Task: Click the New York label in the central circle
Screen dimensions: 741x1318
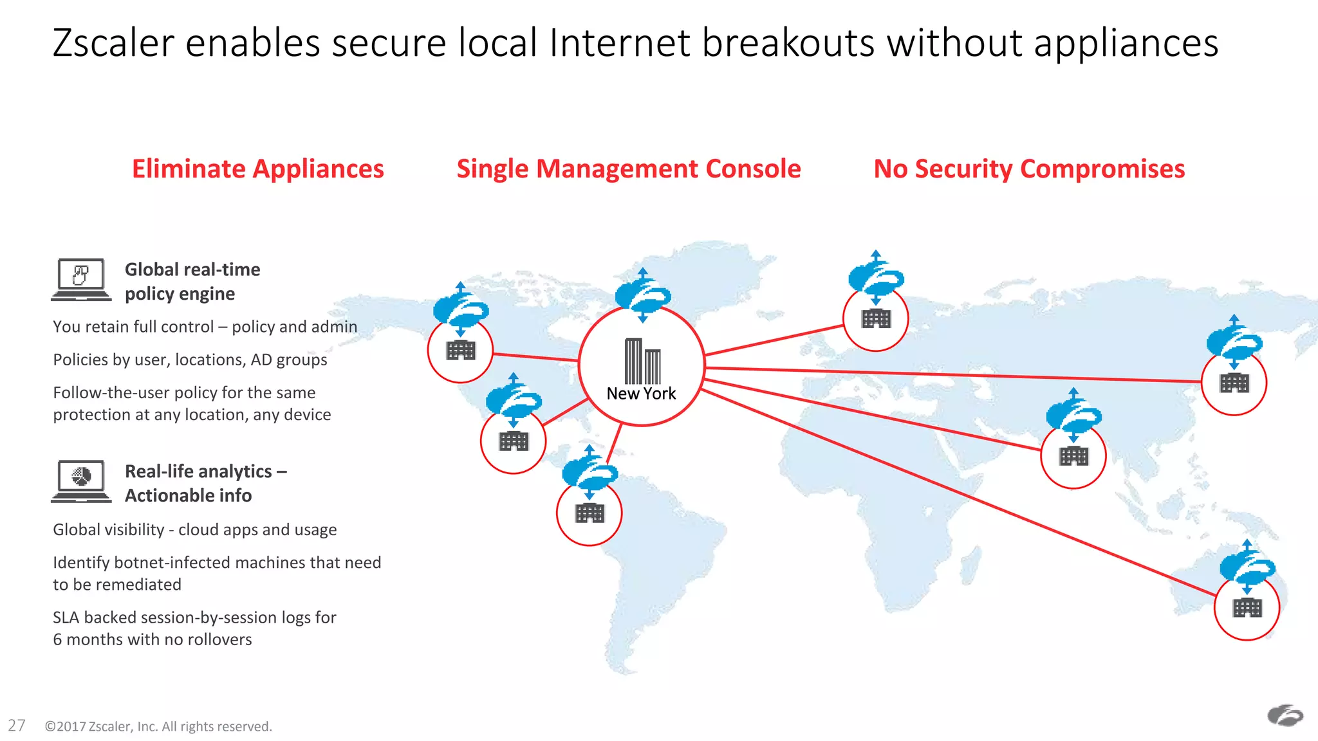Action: coord(641,394)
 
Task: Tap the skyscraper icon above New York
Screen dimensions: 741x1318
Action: coord(642,361)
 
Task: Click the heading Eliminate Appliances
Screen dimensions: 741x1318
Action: coord(257,169)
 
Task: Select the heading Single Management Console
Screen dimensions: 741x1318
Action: coord(628,169)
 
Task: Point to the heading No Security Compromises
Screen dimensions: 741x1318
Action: coord(1028,169)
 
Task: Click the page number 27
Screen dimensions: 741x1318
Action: coord(17,726)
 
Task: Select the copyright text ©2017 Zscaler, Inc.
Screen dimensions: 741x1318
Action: coord(158,726)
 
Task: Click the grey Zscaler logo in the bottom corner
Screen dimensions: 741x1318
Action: coord(1285,715)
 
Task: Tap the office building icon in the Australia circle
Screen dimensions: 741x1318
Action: coord(1247,608)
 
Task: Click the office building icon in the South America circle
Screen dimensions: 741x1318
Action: coord(589,513)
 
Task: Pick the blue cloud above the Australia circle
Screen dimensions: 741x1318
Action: coord(1247,566)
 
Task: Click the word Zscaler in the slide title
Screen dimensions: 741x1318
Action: coord(113,43)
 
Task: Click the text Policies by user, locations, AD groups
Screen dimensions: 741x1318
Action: coord(190,360)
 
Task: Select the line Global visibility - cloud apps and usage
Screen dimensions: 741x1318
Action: coord(194,529)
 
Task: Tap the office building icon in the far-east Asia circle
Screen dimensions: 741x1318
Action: coord(1234,383)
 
